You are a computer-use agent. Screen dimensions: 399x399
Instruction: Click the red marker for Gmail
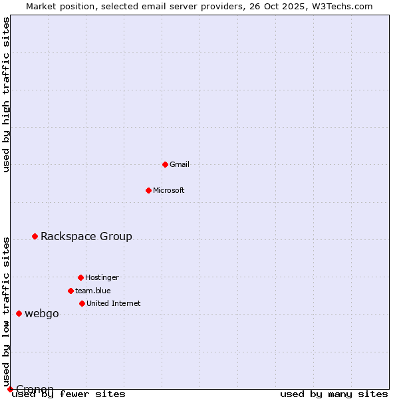point(165,164)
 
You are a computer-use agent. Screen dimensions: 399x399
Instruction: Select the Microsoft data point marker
point(148,190)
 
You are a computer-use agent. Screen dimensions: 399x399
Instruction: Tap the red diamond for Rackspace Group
point(35,236)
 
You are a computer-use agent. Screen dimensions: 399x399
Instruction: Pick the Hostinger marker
point(80,277)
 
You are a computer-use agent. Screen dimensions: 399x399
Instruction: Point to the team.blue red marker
point(70,291)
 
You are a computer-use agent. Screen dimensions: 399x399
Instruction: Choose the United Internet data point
point(82,303)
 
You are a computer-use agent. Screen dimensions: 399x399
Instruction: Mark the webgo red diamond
point(19,313)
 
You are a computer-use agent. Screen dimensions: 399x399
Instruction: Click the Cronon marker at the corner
point(10,389)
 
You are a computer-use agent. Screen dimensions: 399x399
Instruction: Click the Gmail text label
point(180,164)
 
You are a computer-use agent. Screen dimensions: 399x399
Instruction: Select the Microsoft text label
point(169,190)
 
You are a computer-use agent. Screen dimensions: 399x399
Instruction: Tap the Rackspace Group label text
point(86,236)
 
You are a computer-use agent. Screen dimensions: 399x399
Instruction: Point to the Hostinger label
point(102,277)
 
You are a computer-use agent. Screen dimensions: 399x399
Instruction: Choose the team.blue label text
point(93,291)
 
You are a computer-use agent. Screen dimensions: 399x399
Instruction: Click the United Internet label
point(114,303)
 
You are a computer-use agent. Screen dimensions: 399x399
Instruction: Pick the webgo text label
point(42,313)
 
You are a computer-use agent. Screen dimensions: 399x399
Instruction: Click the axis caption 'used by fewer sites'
point(68,394)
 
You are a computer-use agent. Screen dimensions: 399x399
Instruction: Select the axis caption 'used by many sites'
point(334,394)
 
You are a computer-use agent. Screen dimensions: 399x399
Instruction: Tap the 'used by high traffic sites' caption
point(7,94)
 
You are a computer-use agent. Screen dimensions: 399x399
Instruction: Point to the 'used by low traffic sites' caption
point(7,311)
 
